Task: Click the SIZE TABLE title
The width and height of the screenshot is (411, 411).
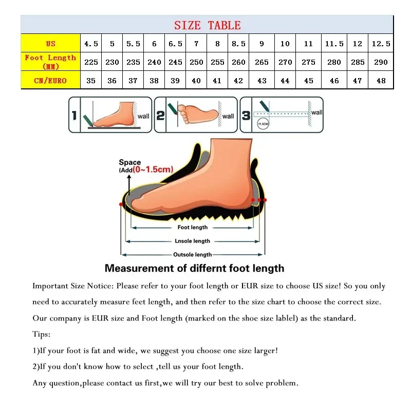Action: pos(207,25)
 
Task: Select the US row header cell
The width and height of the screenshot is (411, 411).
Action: pos(50,44)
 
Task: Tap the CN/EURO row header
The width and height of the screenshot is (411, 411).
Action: pos(50,81)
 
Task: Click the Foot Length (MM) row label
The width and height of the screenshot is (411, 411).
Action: pos(50,62)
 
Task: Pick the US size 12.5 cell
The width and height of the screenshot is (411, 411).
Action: pos(381,44)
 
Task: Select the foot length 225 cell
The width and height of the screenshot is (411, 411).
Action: pos(91,62)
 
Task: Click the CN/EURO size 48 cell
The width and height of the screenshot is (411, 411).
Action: pos(381,81)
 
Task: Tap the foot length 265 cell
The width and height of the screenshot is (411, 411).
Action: pos(261,62)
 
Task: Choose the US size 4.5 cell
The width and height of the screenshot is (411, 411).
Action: pos(91,44)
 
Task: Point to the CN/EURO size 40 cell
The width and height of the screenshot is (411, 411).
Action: pos(196,81)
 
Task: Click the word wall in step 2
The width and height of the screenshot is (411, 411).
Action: pos(228,116)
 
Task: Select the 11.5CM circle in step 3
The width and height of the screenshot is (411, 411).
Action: pos(263,123)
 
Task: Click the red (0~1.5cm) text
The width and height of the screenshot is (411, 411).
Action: pos(153,169)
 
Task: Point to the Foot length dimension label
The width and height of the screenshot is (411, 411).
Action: pos(193,227)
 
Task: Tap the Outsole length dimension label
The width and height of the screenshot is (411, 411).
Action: pos(193,254)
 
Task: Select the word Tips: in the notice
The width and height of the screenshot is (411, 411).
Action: pos(42,334)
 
